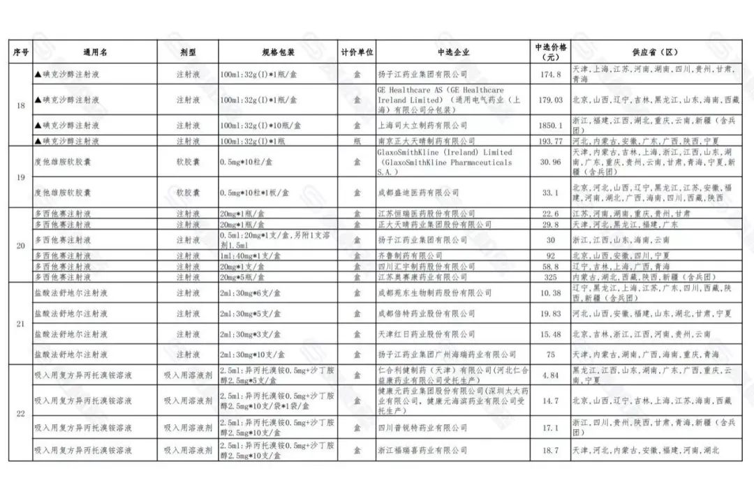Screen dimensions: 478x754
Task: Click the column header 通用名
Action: pos(95,52)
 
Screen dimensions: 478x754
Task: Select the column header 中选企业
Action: pos(453,52)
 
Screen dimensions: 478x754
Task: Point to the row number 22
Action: pos(21,413)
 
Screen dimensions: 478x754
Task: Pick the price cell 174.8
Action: pos(550,74)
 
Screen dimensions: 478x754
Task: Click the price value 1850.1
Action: pos(550,126)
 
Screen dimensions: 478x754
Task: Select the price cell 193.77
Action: pos(550,141)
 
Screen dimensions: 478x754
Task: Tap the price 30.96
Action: pos(550,162)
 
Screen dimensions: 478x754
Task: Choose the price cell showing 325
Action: pos(550,277)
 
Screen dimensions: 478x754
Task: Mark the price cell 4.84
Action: pos(550,375)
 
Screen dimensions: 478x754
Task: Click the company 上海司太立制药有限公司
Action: pos(422,126)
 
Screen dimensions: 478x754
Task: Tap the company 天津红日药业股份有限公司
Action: pos(422,334)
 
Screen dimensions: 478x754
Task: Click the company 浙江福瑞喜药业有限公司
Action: pos(422,451)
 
